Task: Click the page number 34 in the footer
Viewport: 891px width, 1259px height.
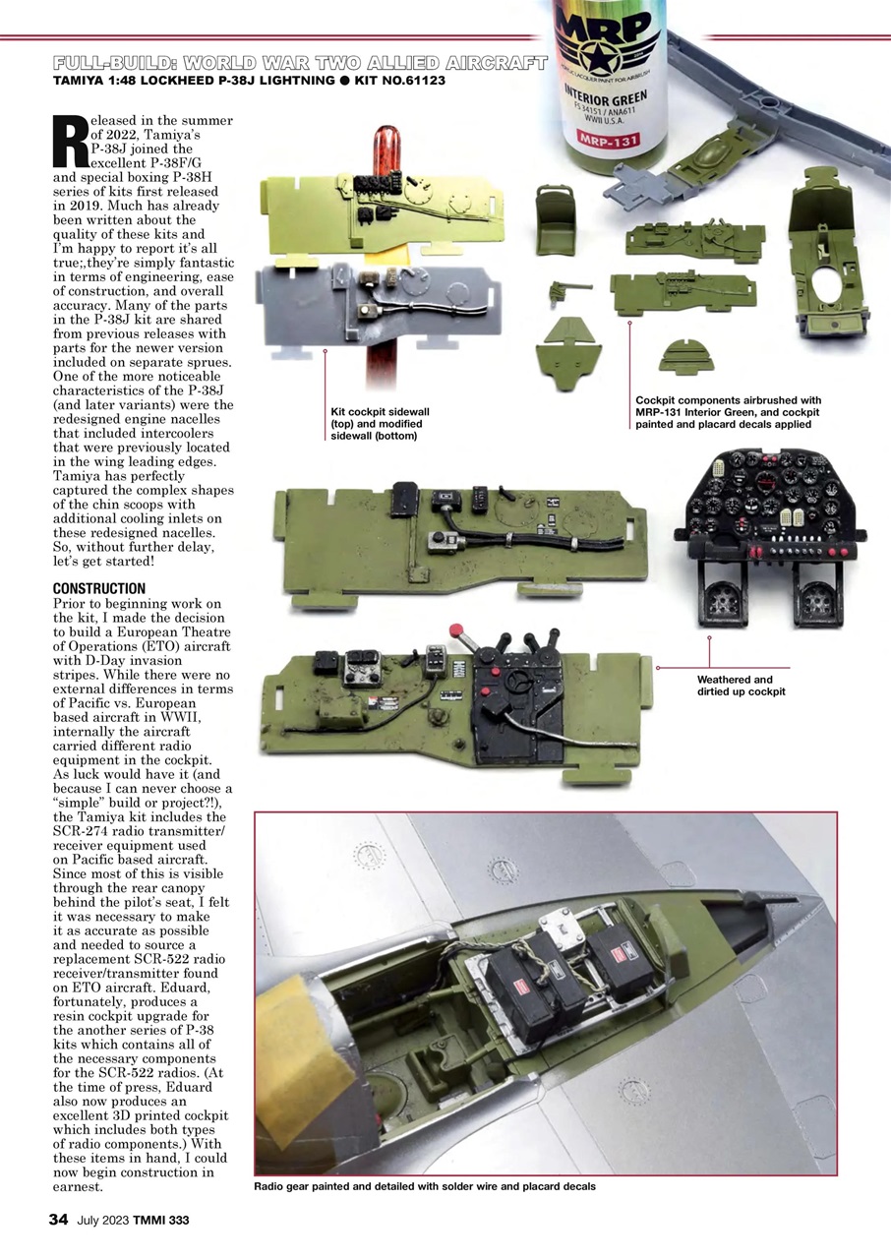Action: (58, 1221)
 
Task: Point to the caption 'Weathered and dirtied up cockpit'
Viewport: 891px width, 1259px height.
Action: (735, 686)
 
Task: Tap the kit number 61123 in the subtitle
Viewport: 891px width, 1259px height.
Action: (417, 81)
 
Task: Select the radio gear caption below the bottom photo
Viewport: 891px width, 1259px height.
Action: (424, 1187)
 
